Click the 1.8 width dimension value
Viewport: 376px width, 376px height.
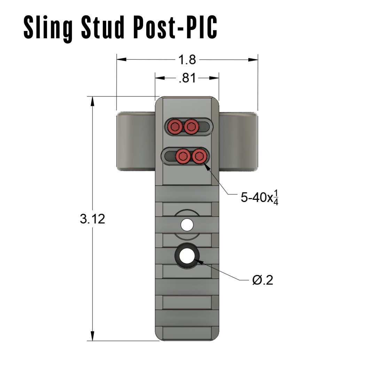point(187,60)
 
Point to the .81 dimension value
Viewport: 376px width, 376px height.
point(187,78)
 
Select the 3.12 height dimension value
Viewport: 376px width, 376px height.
point(92,219)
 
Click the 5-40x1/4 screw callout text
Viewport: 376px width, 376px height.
point(260,198)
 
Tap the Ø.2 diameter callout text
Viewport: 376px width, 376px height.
point(263,280)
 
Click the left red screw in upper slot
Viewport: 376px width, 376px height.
point(175,126)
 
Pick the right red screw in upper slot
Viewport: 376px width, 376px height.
point(191,126)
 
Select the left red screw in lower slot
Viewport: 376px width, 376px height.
point(182,157)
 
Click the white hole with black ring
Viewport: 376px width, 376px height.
point(187,256)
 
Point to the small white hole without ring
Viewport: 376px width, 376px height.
point(187,225)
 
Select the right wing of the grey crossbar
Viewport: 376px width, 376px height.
point(238,141)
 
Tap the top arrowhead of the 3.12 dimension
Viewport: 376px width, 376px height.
point(92,101)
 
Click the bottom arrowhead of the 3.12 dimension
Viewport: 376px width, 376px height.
point(92,336)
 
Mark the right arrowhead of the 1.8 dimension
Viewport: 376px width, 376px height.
point(253,60)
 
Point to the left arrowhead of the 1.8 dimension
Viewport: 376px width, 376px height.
point(121,60)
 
